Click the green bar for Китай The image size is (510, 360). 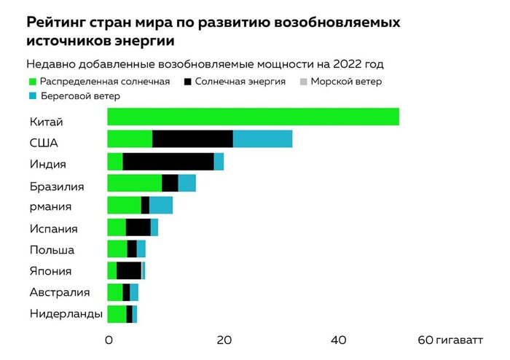click(x=253, y=117)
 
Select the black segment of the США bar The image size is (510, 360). click(x=192, y=139)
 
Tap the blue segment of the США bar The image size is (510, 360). click(x=262, y=139)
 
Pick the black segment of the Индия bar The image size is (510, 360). click(x=168, y=162)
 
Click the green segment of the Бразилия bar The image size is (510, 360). click(x=134, y=184)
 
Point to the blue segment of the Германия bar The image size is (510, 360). click(x=161, y=206)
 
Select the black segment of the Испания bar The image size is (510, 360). click(x=138, y=227)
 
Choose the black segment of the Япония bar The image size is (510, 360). click(x=129, y=271)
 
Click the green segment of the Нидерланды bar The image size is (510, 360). click(x=117, y=314)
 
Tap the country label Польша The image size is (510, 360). click(x=52, y=250)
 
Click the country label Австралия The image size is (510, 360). click(x=60, y=293)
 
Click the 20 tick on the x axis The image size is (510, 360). click(x=224, y=340)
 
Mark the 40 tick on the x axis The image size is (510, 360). click(x=339, y=340)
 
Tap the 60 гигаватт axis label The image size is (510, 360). click(x=450, y=340)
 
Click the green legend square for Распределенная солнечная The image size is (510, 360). click(x=31, y=82)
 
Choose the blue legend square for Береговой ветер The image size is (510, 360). click(x=31, y=96)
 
